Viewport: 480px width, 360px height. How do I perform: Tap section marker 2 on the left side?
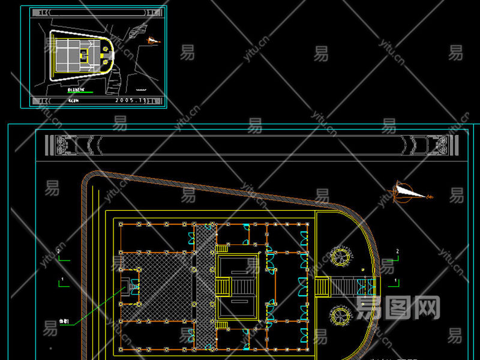(x=59, y=251)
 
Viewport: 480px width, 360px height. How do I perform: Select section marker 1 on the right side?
(x=394, y=281)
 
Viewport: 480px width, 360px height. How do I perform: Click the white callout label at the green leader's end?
(x=64, y=322)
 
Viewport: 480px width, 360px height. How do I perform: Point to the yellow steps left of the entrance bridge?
(x=322, y=287)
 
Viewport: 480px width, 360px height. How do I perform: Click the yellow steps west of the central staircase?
(x=223, y=287)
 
